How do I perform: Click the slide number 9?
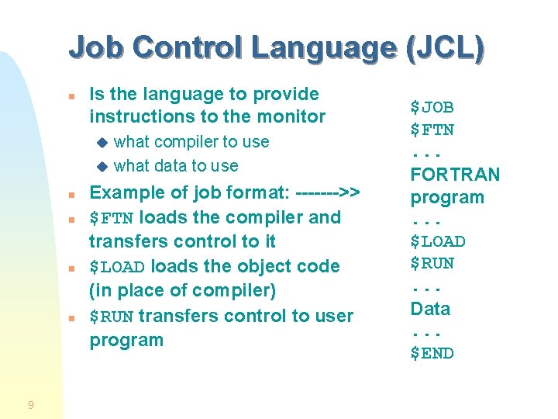click(x=30, y=404)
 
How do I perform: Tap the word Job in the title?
click(x=94, y=47)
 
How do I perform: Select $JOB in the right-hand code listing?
click(x=432, y=107)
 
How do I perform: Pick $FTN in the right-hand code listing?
click(x=432, y=130)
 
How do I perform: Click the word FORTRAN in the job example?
click(x=455, y=175)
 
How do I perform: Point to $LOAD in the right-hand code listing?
click(x=438, y=241)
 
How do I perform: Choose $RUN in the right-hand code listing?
click(x=432, y=264)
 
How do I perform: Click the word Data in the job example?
click(x=430, y=309)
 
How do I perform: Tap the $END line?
click(x=432, y=354)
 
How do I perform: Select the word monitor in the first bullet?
click(x=289, y=116)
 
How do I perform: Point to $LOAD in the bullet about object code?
click(x=118, y=267)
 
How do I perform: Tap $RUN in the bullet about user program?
click(x=112, y=317)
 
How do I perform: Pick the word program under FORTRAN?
click(x=447, y=197)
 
